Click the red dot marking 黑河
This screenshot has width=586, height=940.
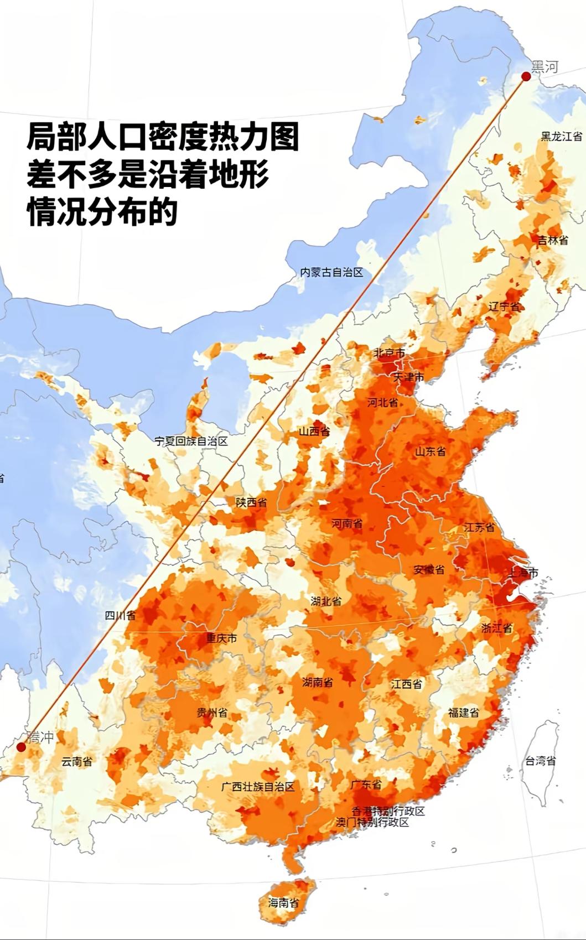(x=526, y=76)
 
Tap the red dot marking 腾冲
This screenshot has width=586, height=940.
(x=21, y=747)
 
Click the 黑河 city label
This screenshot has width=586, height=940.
(x=544, y=67)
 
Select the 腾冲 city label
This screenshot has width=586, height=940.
(x=40, y=737)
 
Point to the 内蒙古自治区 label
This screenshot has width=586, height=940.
(x=331, y=272)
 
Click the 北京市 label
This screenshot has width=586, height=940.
(x=389, y=352)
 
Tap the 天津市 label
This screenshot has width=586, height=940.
(x=408, y=377)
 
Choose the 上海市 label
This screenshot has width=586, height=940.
(x=522, y=572)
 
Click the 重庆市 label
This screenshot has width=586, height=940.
(x=221, y=638)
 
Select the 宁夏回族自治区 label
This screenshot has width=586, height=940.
(x=191, y=441)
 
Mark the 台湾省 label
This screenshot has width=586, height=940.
(x=541, y=761)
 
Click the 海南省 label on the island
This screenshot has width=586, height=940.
(x=283, y=902)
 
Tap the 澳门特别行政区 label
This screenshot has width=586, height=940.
(x=372, y=822)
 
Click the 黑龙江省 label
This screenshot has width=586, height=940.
(x=561, y=136)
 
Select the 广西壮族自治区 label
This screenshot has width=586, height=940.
(x=258, y=786)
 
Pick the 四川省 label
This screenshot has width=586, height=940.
(x=120, y=615)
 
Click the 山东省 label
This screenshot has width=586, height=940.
(x=431, y=451)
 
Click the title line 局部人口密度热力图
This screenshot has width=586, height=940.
(x=163, y=137)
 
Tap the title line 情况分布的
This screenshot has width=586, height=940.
(x=102, y=212)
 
